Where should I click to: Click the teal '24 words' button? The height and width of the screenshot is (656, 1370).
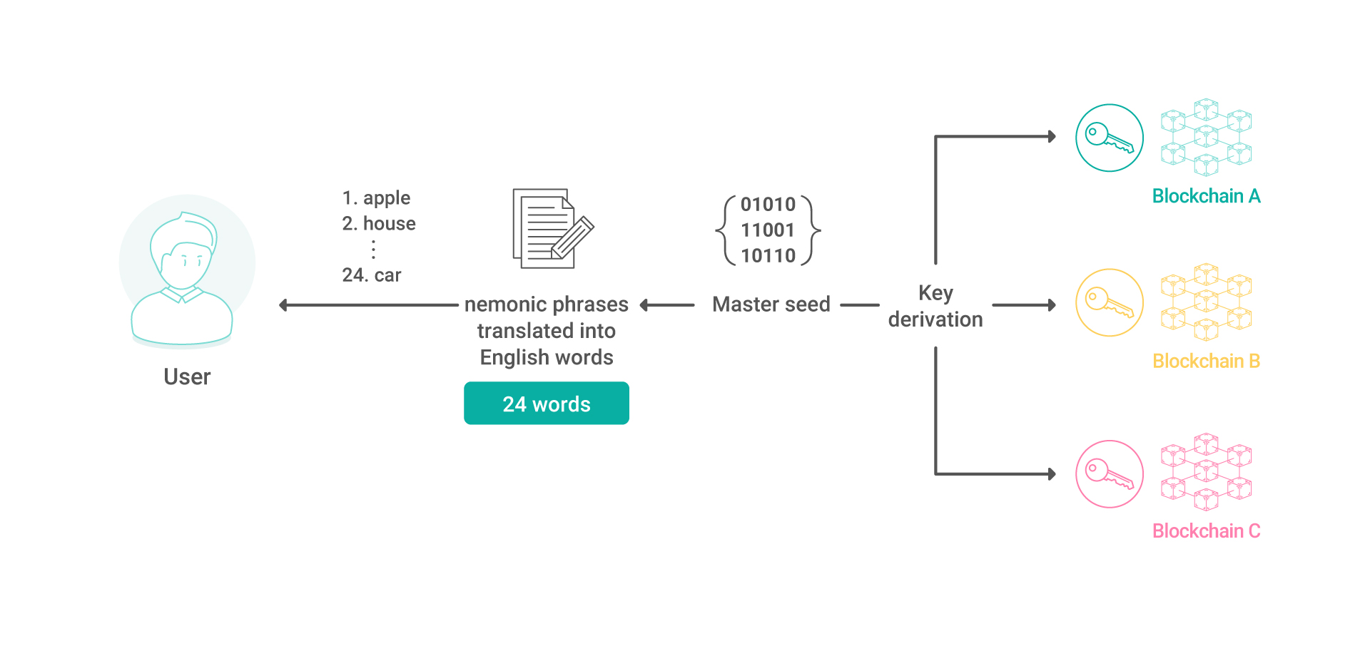[547, 404]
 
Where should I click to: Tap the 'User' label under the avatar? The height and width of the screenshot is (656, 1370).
[187, 376]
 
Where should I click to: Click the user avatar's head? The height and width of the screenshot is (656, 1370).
[183, 250]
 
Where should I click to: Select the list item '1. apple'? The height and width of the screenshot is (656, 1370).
[376, 198]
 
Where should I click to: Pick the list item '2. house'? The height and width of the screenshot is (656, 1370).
[379, 223]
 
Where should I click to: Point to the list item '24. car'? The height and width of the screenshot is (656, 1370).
[372, 275]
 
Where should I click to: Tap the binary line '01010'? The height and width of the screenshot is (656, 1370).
[768, 205]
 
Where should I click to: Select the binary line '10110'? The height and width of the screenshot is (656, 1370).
[768, 256]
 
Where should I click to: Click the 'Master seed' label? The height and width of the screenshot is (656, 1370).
[771, 304]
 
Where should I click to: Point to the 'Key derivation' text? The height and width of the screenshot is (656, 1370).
[935, 307]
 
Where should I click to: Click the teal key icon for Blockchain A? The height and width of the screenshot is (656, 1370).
[1110, 138]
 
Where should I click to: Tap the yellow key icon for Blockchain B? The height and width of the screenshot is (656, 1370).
[1110, 302]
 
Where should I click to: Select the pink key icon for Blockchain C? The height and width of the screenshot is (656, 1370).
[1110, 474]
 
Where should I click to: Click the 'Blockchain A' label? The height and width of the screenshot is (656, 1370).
[1207, 196]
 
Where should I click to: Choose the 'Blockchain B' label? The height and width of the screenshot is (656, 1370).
[1207, 362]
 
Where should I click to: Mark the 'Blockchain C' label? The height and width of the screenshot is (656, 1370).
[1207, 531]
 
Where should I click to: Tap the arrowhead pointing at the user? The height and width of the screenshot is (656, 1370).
[283, 305]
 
